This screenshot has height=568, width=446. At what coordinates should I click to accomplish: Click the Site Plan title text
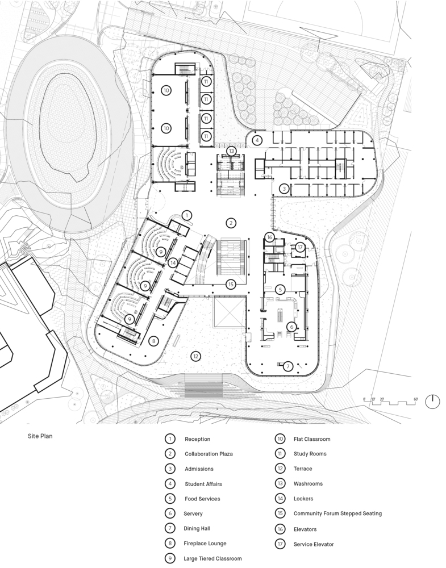40,436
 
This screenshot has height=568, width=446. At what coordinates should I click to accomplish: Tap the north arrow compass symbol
432,402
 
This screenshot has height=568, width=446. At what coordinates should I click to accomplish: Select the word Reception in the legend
198,439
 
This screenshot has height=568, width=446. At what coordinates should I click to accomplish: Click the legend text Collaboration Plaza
209,454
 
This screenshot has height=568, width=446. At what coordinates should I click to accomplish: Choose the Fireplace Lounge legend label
205,544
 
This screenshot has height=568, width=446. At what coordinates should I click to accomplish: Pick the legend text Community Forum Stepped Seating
337,513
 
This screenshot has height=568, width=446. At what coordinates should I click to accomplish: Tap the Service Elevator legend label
314,544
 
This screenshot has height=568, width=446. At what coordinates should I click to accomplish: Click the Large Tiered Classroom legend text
212,558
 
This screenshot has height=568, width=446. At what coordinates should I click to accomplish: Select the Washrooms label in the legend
308,483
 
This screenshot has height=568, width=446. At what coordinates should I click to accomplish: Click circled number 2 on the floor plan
231,223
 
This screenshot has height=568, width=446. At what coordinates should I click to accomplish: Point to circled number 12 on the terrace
195,357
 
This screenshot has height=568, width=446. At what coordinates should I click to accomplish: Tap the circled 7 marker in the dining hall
288,366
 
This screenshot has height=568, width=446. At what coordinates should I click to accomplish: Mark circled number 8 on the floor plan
153,341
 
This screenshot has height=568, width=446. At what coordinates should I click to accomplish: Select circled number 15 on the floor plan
231,285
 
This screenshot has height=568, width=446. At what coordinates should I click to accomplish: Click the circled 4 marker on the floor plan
257,140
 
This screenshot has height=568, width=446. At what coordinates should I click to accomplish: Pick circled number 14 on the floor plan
173,262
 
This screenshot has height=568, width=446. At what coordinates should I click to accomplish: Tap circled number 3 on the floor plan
284,189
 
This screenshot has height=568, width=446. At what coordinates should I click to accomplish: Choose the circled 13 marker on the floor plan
231,151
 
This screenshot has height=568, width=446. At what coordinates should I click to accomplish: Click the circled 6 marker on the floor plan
291,327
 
